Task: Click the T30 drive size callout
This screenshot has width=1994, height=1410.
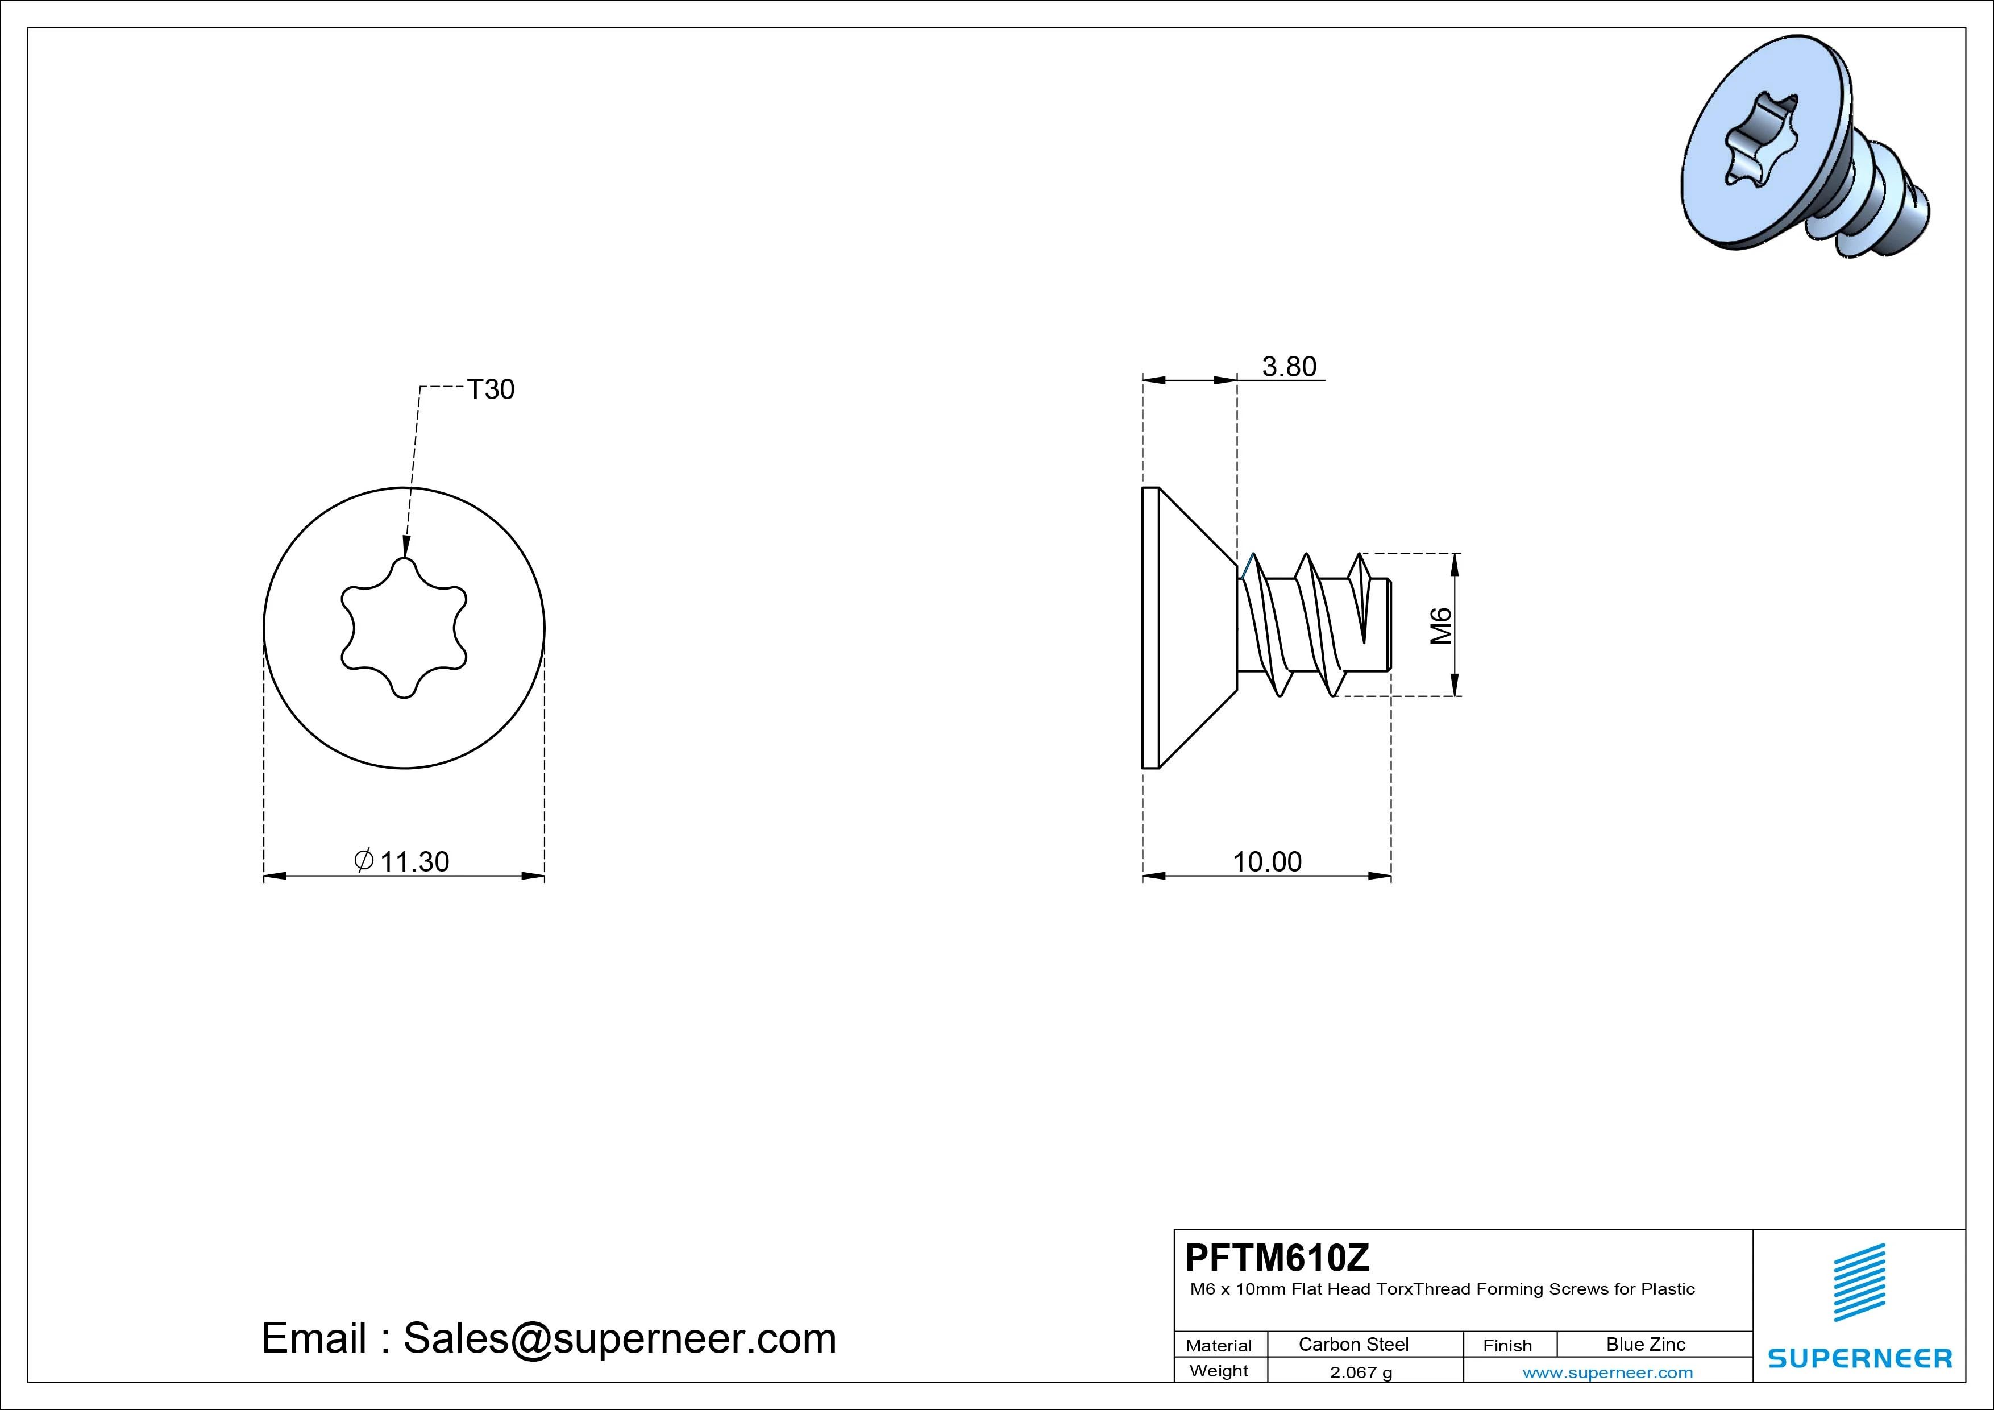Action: (491, 389)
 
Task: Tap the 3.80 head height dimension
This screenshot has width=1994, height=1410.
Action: (1289, 367)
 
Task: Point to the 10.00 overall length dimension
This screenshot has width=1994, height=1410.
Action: (1267, 862)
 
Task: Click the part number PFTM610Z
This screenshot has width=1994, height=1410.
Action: (1278, 1256)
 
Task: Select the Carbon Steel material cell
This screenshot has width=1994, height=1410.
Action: (1353, 1344)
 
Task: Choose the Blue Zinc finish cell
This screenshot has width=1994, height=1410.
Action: (1646, 1344)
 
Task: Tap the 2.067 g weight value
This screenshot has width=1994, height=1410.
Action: (1361, 1372)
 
